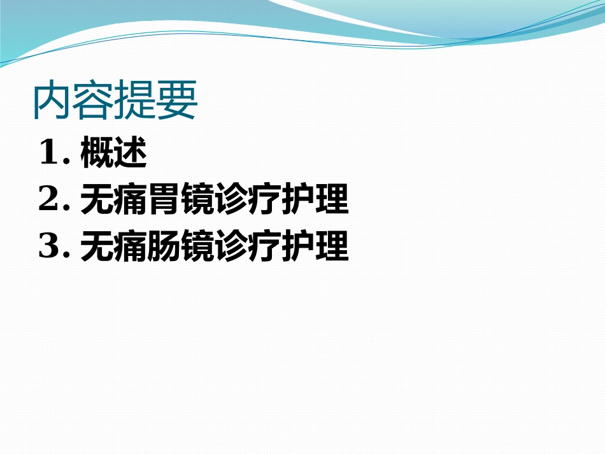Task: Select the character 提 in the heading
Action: pos(135,101)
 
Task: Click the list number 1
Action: pos(50,154)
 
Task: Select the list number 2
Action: pos(50,201)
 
